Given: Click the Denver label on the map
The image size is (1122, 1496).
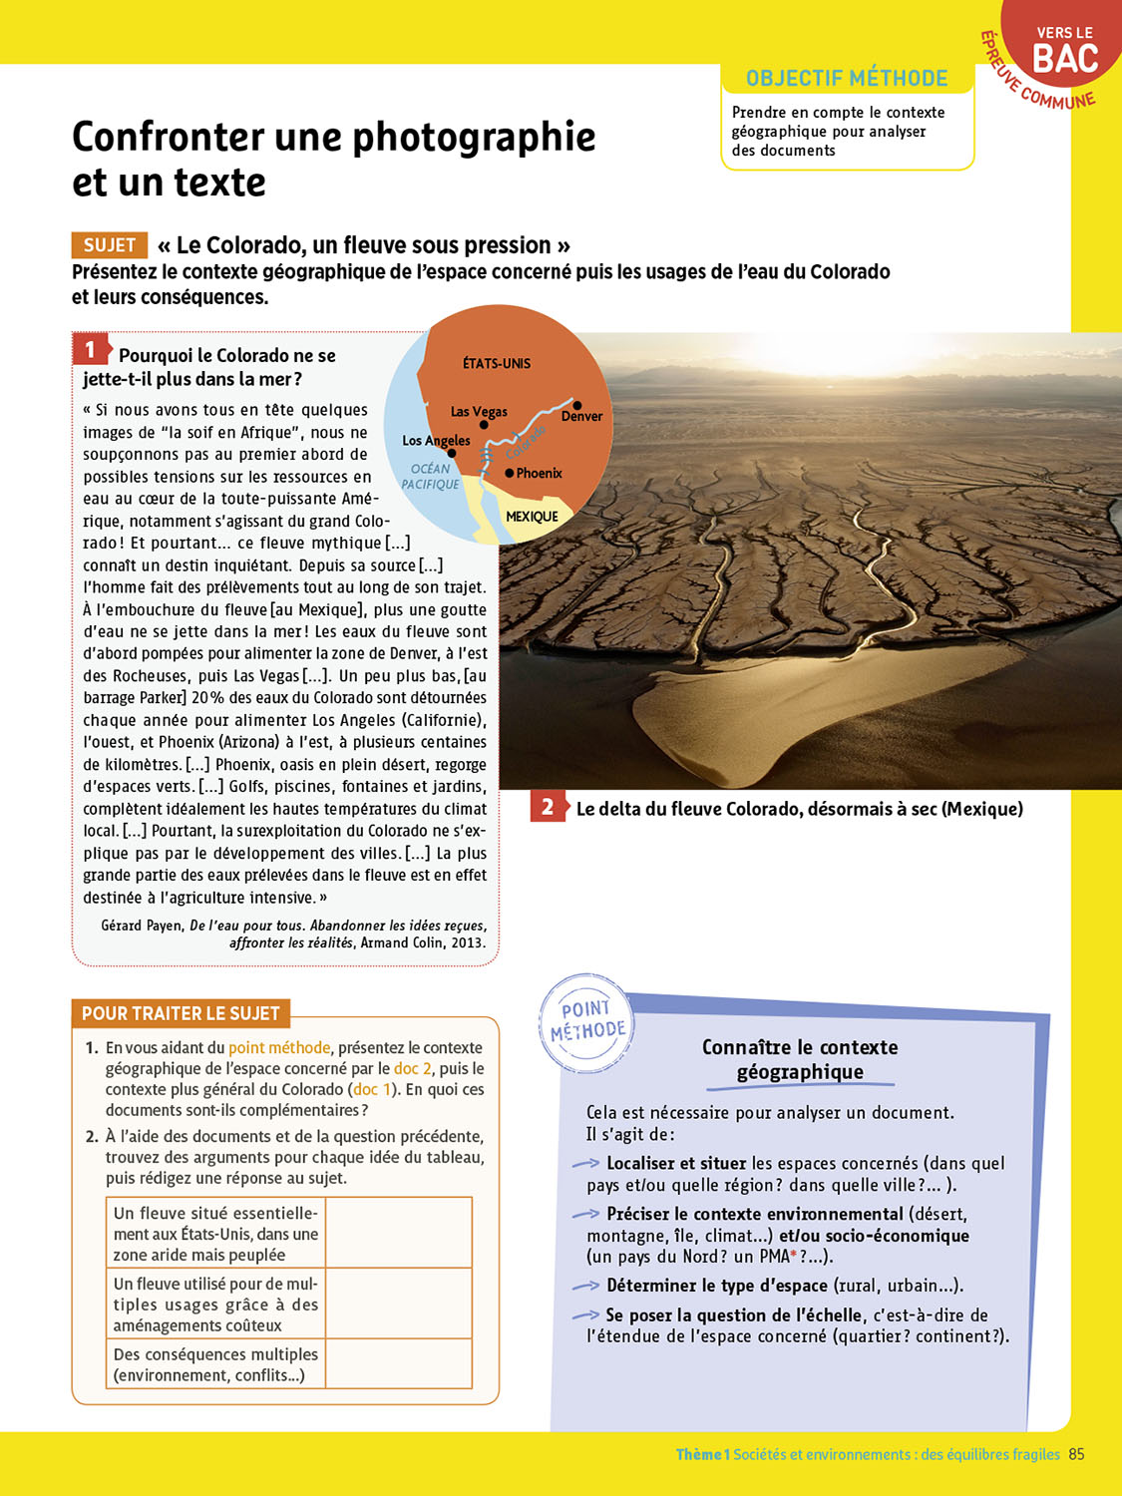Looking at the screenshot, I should [x=581, y=416].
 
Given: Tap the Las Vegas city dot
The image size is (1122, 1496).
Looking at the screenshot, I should [x=484, y=425].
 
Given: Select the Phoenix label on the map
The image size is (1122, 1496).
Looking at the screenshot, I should [x=540, y=473].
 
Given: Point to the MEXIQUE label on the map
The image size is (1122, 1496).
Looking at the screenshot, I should [x=532, y=517].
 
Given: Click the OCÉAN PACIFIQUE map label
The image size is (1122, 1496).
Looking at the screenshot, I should [x=430, y=477].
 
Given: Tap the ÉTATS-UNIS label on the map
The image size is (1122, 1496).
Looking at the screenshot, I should [x=497, y=363].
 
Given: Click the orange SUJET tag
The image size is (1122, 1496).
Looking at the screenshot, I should [x=110, y=245].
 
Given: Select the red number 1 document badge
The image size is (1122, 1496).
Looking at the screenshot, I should [x=90, y=349].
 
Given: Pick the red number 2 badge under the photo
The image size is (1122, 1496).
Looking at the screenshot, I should [x=548, y=807].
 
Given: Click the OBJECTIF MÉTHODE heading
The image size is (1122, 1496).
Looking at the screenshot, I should [x=847, y=79].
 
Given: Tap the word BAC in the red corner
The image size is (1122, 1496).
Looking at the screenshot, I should [x=1065, y=60].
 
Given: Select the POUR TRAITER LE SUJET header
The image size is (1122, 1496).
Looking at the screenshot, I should [x=181, y=1013].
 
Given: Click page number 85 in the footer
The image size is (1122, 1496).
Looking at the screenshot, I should [x=1076, y=1454].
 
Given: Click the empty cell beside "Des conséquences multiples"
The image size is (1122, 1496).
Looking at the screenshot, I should [x=398, y=1363].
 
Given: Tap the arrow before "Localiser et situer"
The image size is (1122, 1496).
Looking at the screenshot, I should [x=585, y=1164].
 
